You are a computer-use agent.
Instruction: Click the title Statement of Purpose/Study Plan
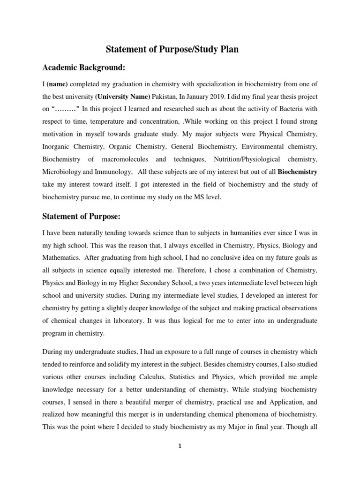coord(180,50)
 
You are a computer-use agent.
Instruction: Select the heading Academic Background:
coord(84,68)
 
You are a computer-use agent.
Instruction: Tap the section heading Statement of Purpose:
coord(83,216)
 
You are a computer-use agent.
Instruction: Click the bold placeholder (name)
coord(57,84)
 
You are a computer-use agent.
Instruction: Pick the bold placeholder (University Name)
coord(123,97)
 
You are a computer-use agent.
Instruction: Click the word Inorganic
coord(57,147)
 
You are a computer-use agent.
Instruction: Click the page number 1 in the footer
coord(180,446)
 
